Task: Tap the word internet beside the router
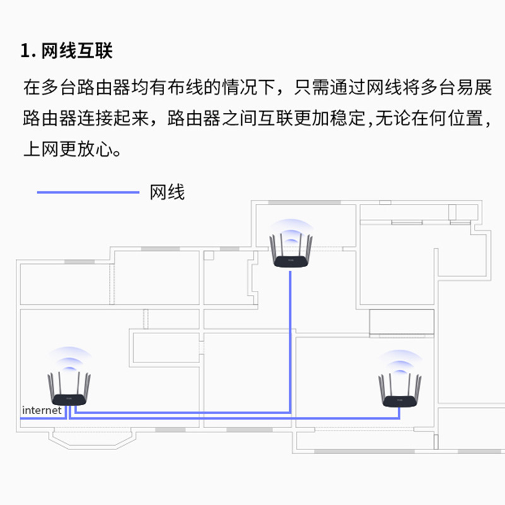click(x=42, y=410)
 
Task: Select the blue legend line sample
click(x=88, y=192)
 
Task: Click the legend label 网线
click(x=167, y=192)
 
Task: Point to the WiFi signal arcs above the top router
click(x=290, y=230)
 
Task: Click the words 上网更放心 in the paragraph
click(x=62, y=151)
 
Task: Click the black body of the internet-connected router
click(x=69, y=400)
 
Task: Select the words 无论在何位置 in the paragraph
click(x=429, y=119)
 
